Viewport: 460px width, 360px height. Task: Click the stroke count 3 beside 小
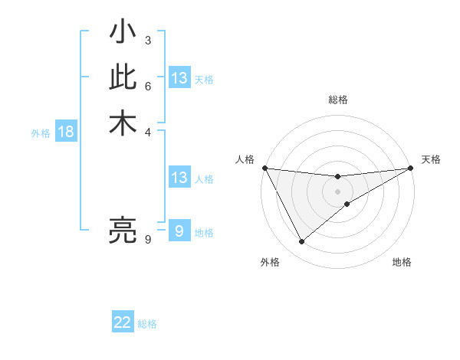tap(147, 40)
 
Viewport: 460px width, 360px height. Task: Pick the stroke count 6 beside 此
tap(147, 85)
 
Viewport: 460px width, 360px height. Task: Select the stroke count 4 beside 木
tap(147, 131)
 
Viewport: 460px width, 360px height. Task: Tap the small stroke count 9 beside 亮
tap(147, 240)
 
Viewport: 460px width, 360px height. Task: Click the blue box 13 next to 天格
tap(179, 78)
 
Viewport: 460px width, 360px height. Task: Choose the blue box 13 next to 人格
tap(179, 178)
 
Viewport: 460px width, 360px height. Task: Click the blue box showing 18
tap(66, 132)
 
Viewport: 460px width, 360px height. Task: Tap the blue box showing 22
tap(123, 322)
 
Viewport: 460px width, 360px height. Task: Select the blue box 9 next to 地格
tap(179, 231)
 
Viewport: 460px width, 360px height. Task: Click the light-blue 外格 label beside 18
tap(41, 133)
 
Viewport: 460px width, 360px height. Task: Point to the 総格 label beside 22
tap(147, 324)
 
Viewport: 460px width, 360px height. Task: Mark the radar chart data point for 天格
tap(411, 168)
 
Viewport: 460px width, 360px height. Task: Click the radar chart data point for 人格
tap(264, 168)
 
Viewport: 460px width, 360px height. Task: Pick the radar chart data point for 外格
tap(301, 242)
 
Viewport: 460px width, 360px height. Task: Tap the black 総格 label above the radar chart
tap(338, 100)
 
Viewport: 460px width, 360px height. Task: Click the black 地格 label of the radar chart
tap(402, 262)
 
